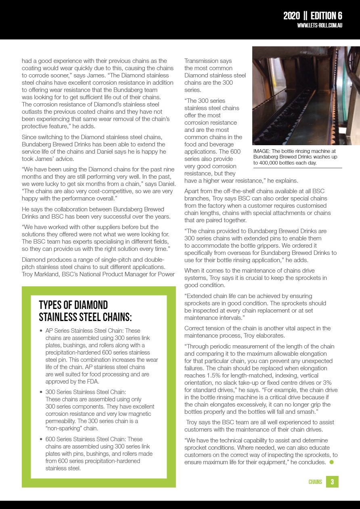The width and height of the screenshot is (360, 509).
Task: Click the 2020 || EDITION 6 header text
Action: (312, 16)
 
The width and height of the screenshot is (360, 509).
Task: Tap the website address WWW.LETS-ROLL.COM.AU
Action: (320, 25)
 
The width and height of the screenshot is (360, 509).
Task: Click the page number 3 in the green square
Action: (332, 482)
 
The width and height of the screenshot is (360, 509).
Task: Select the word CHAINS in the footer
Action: (315, 482)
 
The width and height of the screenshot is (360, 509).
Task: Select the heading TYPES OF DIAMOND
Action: (73, 305)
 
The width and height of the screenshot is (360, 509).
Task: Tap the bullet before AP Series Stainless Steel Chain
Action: (42, 331)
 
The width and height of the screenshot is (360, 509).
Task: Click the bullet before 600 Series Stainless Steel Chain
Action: (42, 440)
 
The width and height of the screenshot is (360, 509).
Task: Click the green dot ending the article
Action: (332, 462)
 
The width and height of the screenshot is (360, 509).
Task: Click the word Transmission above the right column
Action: (203, 61)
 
